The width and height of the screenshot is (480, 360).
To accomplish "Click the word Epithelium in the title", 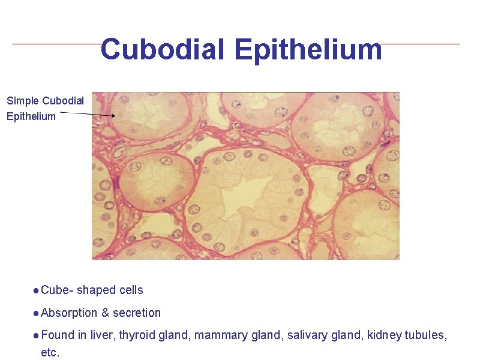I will point(308,49).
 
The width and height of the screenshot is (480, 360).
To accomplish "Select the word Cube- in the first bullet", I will point(58,290).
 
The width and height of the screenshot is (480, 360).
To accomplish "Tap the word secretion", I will point(137,313).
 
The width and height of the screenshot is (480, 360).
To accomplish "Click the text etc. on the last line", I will point(50,352).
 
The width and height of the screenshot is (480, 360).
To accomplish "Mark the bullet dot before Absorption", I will point(37,313).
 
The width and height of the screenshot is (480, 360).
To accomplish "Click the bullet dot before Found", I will point(37,335).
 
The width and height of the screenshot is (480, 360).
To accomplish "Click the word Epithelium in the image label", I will point(31,116).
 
